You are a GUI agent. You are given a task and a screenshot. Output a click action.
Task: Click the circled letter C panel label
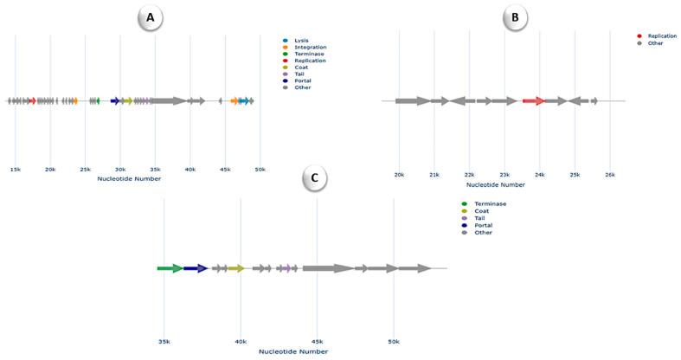315,179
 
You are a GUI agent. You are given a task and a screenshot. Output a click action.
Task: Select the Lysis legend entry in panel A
299,40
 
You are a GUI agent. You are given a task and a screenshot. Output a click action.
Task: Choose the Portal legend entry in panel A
301,80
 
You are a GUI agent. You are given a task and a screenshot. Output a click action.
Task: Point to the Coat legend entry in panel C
481,211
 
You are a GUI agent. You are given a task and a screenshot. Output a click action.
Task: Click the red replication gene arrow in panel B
534,101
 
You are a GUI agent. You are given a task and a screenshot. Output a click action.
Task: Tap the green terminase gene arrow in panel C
170,268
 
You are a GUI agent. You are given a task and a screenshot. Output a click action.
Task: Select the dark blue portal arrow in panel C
196,268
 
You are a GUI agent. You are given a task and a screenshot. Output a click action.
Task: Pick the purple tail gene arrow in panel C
285,268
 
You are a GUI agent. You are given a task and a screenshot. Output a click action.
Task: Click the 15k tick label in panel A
15,170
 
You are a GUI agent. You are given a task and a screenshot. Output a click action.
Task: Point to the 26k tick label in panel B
610,175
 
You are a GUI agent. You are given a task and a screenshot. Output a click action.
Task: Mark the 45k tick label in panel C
317,341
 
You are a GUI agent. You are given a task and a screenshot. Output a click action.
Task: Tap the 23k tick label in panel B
504,175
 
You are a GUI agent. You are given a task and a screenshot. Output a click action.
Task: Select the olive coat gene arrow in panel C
235,268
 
